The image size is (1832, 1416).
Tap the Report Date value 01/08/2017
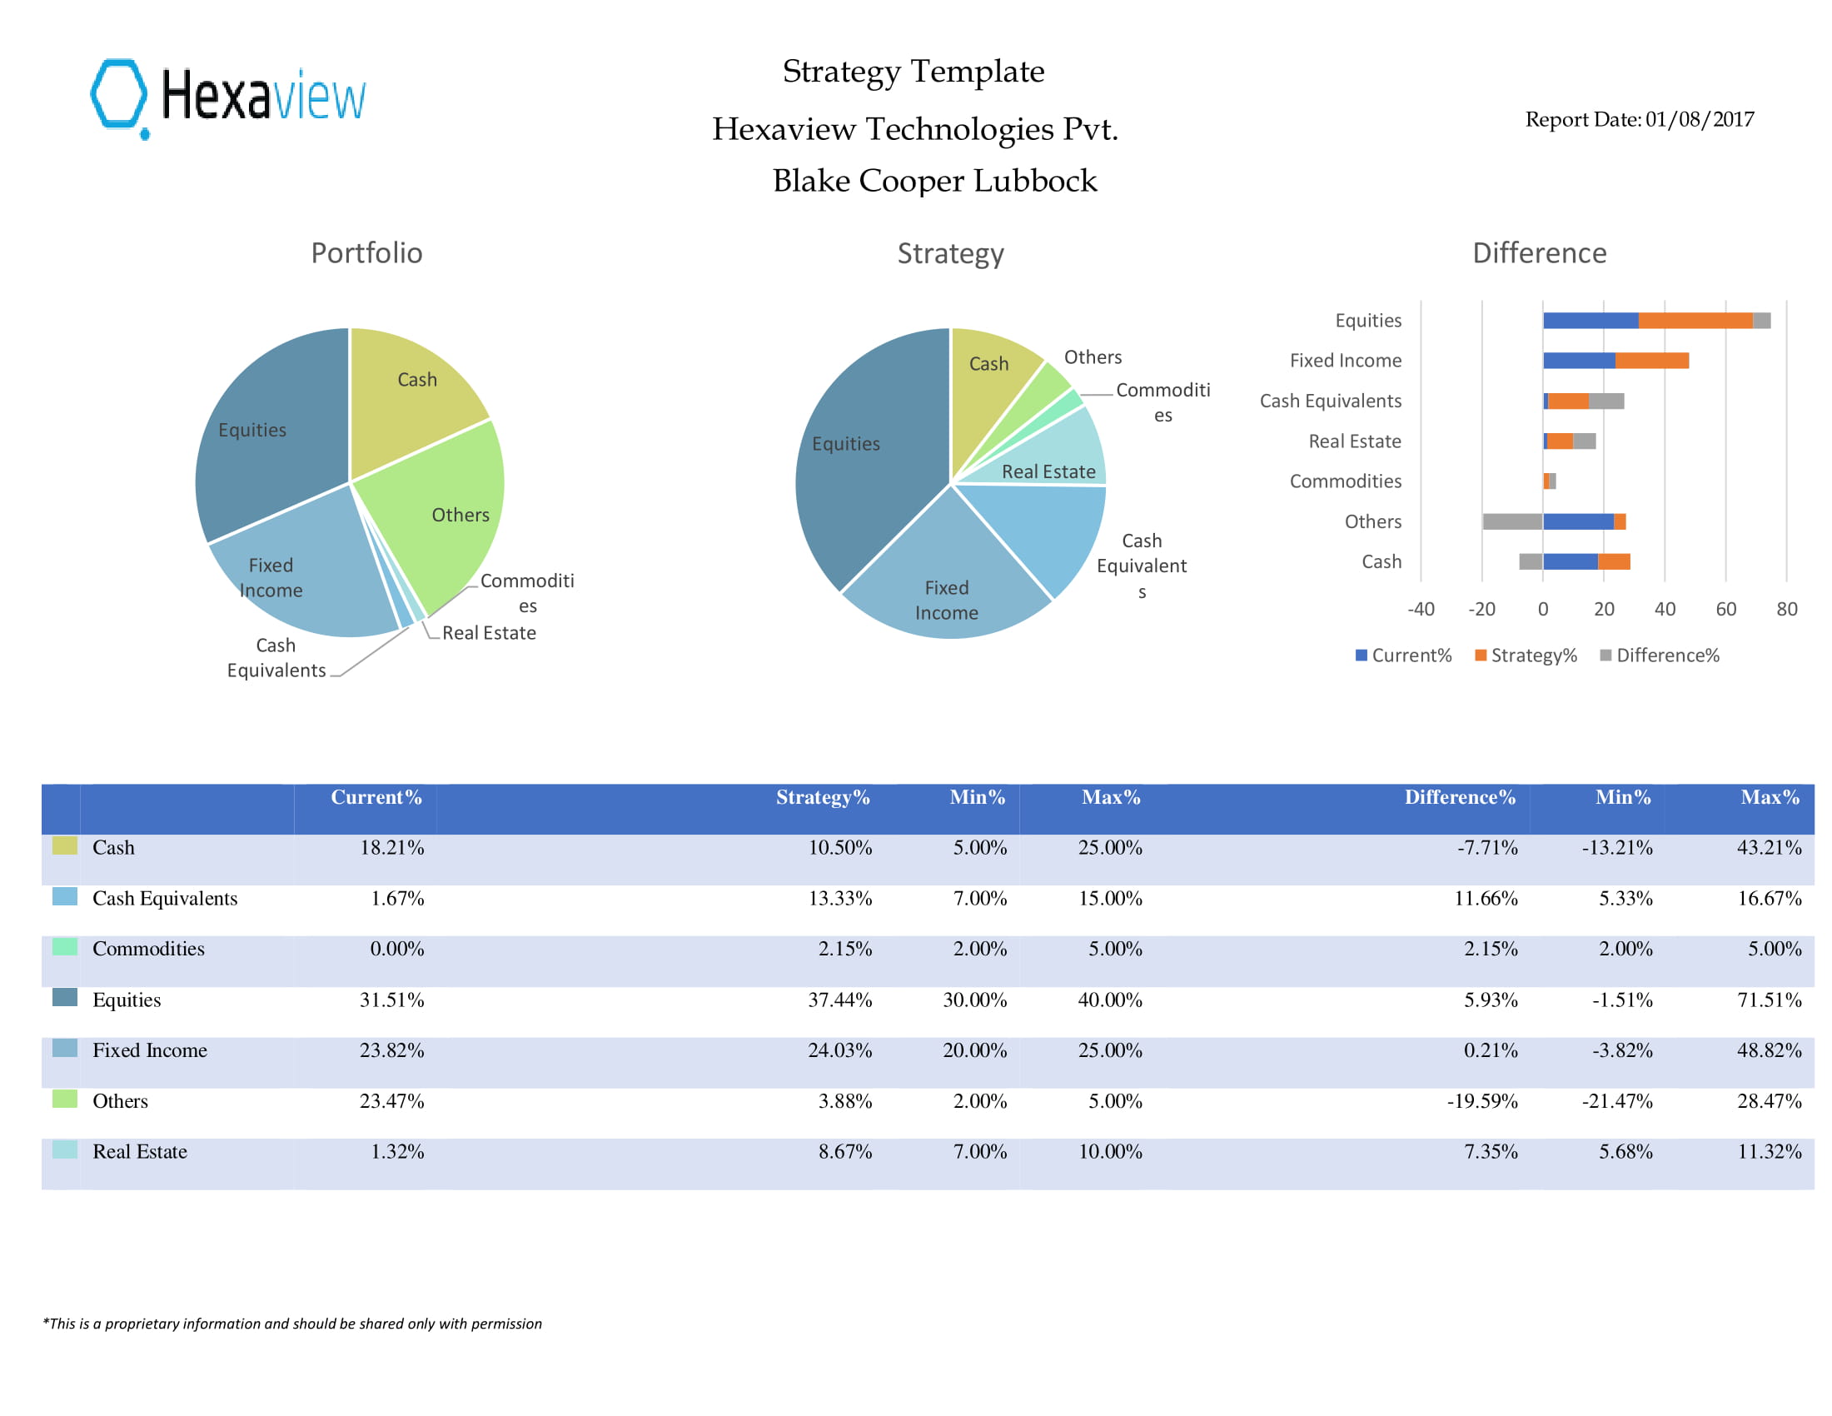[1699, 119]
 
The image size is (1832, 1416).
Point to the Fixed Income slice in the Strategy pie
[946, 579]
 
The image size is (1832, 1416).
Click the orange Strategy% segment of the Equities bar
[1695, 321]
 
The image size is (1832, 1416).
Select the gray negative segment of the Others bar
[1512, 521]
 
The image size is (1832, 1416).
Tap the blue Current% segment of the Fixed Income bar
[1579, 361]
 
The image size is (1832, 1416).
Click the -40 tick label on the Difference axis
[1420, 609]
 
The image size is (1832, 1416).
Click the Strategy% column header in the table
[822, 797]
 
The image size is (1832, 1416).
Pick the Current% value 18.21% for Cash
[391, 847]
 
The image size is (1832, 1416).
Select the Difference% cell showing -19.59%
[1481, 1100]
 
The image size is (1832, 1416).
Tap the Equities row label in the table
[127, 999]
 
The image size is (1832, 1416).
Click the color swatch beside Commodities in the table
[65, 946]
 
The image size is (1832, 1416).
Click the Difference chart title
[1539, 253]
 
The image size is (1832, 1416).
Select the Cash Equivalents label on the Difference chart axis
[1331, 401]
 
